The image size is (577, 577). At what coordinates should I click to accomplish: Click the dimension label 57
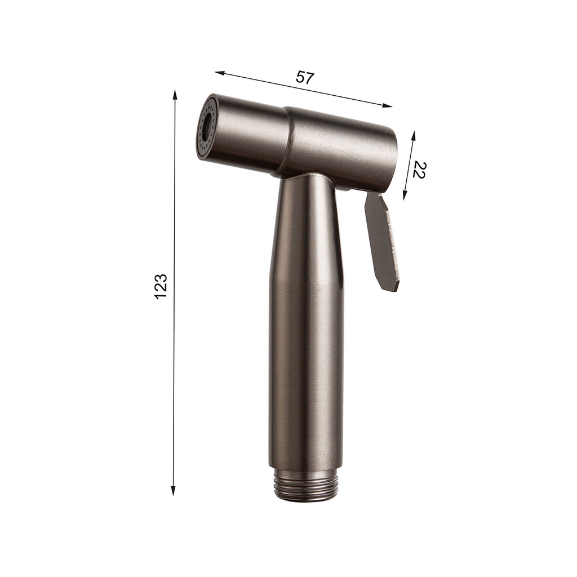tap(304, 77)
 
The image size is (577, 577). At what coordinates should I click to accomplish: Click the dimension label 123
tap(161, 286)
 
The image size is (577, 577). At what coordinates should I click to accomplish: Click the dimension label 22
tap(418, 169)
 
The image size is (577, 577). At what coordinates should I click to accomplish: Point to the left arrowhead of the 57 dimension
tap(220, 73)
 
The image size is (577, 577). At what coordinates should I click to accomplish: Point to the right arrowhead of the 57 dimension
tap(388, 105)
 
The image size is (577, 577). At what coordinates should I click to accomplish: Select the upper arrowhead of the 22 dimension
tap(413, 136)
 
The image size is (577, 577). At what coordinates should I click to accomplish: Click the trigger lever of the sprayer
tap(381, 242)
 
